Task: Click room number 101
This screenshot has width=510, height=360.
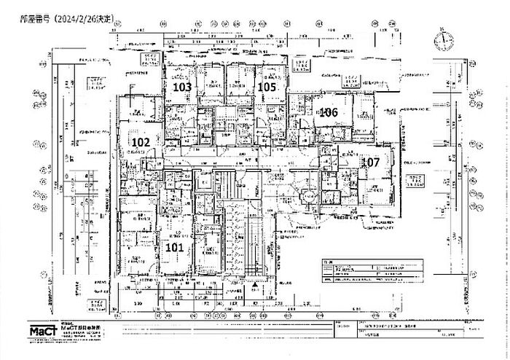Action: click(174, 247)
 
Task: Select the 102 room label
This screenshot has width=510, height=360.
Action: click(140, 141)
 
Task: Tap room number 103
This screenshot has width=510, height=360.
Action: click(182, 87)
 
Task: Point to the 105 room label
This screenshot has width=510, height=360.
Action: click(267, 87)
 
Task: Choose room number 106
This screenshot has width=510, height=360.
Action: click(328, 112)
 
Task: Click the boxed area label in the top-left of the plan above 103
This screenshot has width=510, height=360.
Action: click(151, 58)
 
